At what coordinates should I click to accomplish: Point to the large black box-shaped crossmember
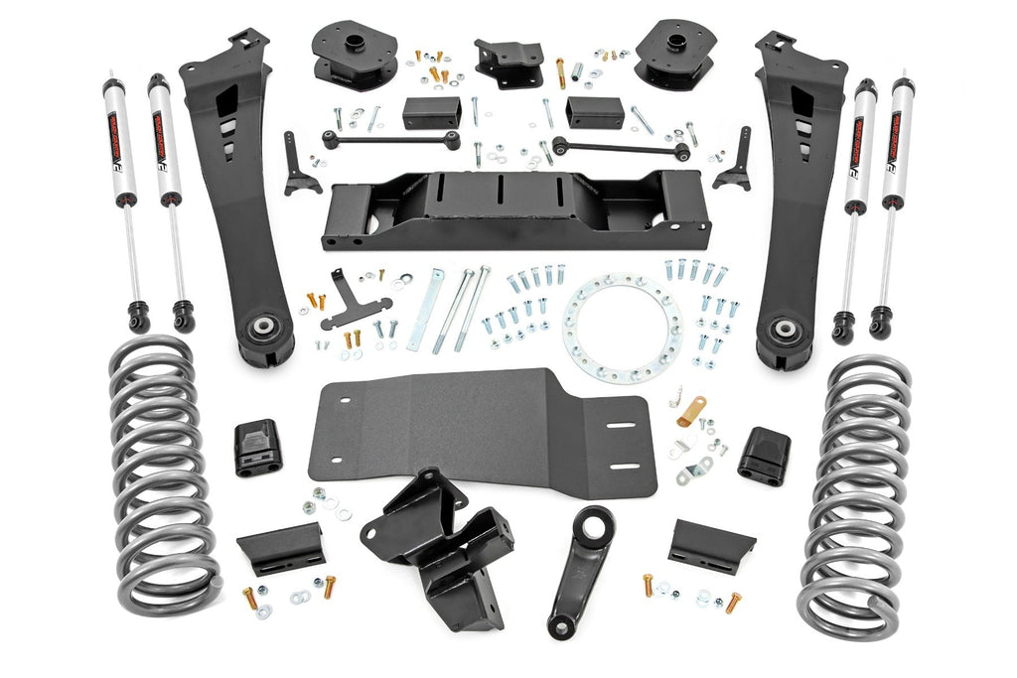click(516, 208)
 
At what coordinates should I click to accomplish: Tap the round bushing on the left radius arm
click(266, 328)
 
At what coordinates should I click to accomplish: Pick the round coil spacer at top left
click(354, 55)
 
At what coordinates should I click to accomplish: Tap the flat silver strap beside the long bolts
click(425, 308)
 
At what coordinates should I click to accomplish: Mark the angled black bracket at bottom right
click(711, 543)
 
